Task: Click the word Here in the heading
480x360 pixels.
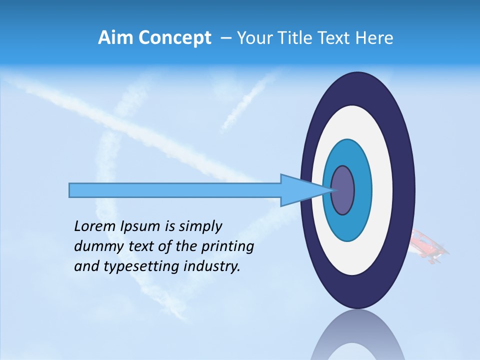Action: [x=374, y=38]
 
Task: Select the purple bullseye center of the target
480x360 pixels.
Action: [x=343, y=190]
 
